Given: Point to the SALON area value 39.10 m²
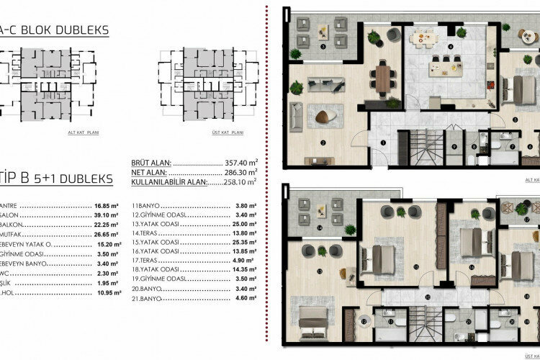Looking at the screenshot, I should coord(98,214).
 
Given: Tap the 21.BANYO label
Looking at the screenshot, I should coord(149,318).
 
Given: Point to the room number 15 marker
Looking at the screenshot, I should coord(417,266).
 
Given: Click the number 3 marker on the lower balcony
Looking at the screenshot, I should coord(323,46).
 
